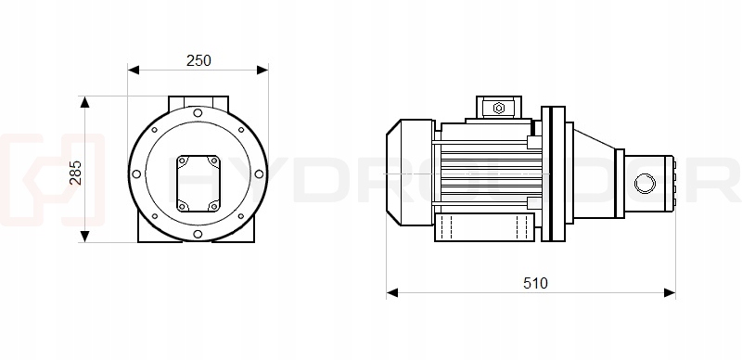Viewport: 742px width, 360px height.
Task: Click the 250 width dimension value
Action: pyautogui.click(x=198, y=60)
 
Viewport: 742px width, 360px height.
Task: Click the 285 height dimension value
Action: pyautogui.click(x=75, y=173)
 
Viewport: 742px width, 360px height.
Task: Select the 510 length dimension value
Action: pyautogui.click(x=535, y=283)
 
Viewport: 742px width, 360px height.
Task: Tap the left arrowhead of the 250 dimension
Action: pyautogui.click(x=134, y=71)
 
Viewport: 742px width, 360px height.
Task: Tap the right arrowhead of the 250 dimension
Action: pyautogui.click(x=262, y=71)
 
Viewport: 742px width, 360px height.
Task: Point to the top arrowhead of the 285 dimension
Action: pyautogui.click(x=84, y=102)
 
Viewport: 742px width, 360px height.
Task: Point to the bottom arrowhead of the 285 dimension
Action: pyautogui.click(x=84, y=237)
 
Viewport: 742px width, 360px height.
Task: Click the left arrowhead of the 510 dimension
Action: pyautogui.click(x=392, y=293)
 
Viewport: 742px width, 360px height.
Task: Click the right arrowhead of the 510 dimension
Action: pyautogui.click(x=670, y=293)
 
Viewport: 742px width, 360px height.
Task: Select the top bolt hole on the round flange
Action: pyautogui.click(x=198, y=113)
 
